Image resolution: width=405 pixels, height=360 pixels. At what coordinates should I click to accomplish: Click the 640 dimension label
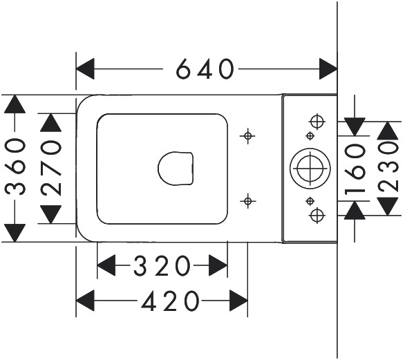(x=205, y=69)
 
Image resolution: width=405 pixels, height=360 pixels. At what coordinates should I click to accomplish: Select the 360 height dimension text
(x=15, y=167)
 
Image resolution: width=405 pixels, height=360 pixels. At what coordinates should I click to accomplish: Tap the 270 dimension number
(x=51, y=168)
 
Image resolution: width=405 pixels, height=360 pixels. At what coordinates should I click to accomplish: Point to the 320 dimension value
(x=162, y=265)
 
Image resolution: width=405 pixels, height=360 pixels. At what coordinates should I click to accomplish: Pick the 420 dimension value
(x=171, y=301)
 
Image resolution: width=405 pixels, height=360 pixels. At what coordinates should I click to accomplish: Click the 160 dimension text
(x=355, y=169)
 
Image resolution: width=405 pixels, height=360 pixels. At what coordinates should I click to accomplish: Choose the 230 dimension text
(x=388, y=167)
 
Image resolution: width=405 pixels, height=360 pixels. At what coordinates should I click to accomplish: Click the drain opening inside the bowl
(x=176, y=169)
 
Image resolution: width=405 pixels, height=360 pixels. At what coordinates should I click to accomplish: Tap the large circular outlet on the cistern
(x=310, y=169)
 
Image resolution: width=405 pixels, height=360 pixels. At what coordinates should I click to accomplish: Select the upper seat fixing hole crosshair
(x=247, y=135)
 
